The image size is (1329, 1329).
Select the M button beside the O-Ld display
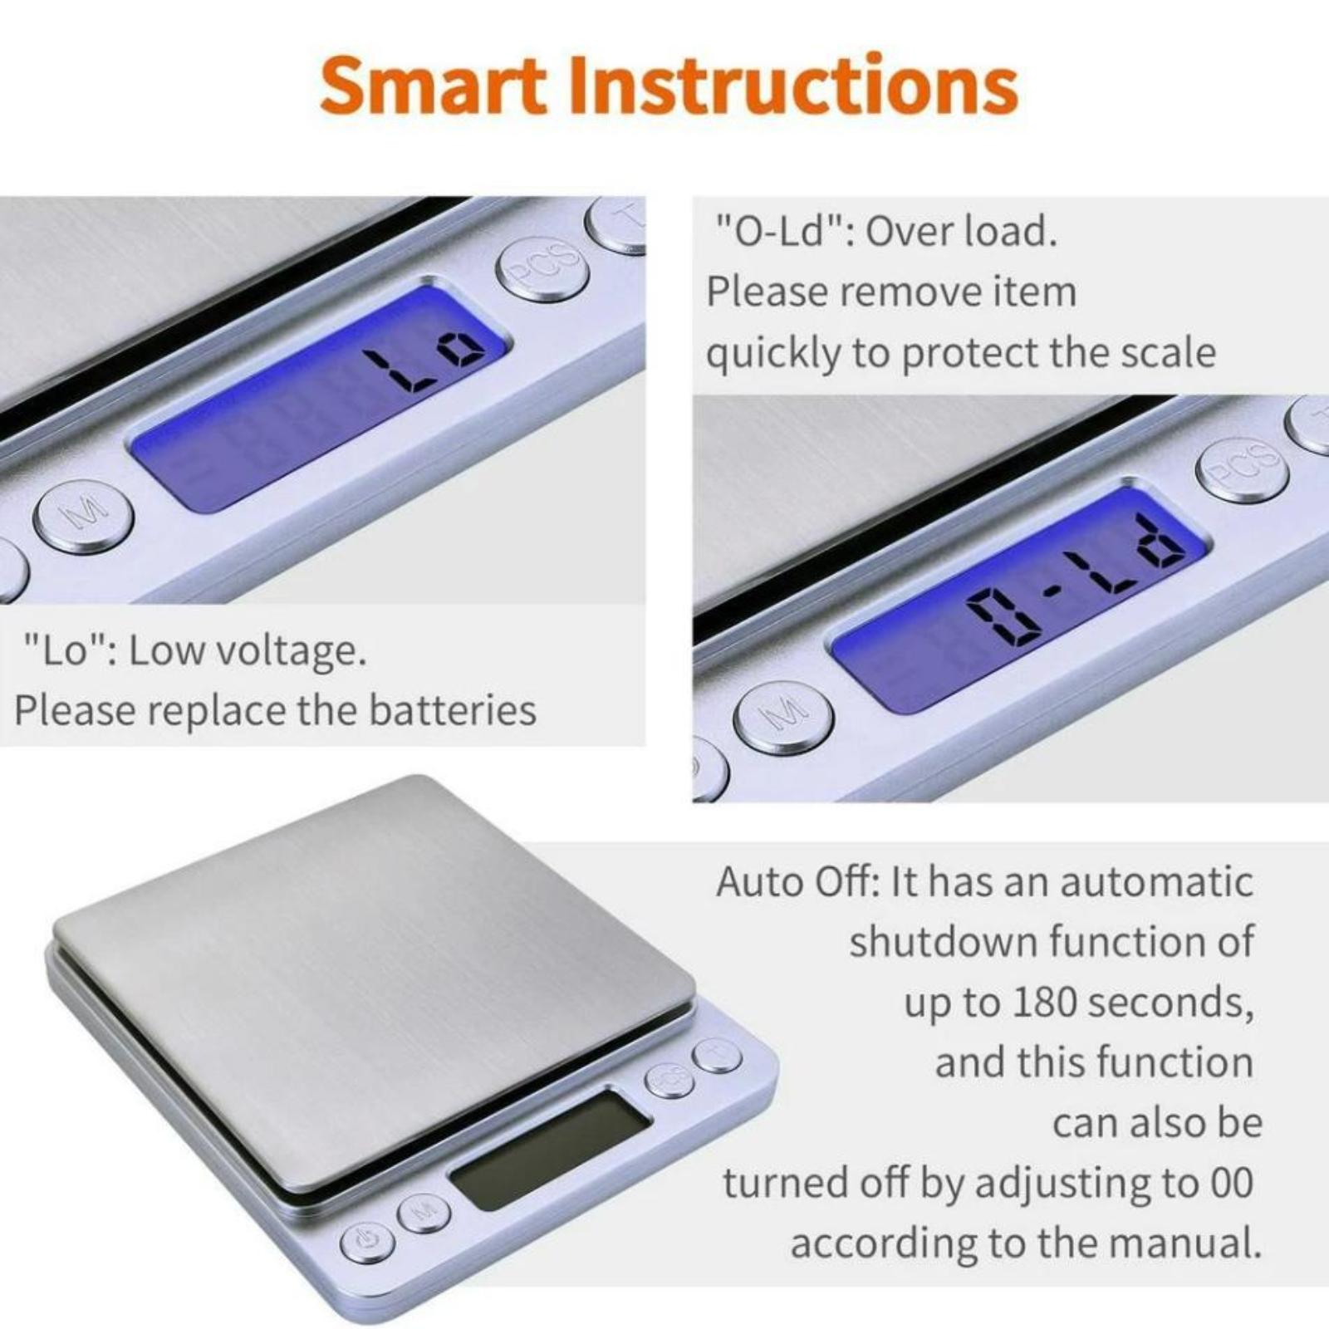coord(783,717)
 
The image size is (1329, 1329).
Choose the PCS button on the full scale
coord(669,1080)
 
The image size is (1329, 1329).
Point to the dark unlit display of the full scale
coord(549,1150)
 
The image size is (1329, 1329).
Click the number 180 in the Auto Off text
coord(1046,1003)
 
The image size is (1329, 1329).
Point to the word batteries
coord(453,711)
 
